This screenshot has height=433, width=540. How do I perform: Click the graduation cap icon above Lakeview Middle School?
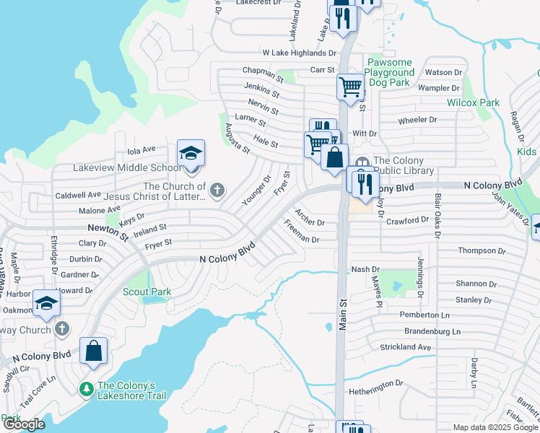coord(191,154)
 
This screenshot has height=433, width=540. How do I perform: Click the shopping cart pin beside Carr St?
coord(350,87)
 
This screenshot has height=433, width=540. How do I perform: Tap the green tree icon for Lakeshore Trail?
coord(87,390)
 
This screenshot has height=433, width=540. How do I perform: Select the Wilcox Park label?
coord(473,103)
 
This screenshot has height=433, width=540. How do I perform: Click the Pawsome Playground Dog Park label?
coord(391,73)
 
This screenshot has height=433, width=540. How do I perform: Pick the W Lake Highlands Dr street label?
coord(299,53)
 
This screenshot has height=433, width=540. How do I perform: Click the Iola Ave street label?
coord(141,150)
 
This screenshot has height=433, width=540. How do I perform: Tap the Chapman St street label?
coord(263,72)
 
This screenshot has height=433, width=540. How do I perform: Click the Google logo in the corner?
coord(24,424)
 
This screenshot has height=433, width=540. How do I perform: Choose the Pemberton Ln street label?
coord(424,315)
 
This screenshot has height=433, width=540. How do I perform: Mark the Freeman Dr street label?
coord(302,234)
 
